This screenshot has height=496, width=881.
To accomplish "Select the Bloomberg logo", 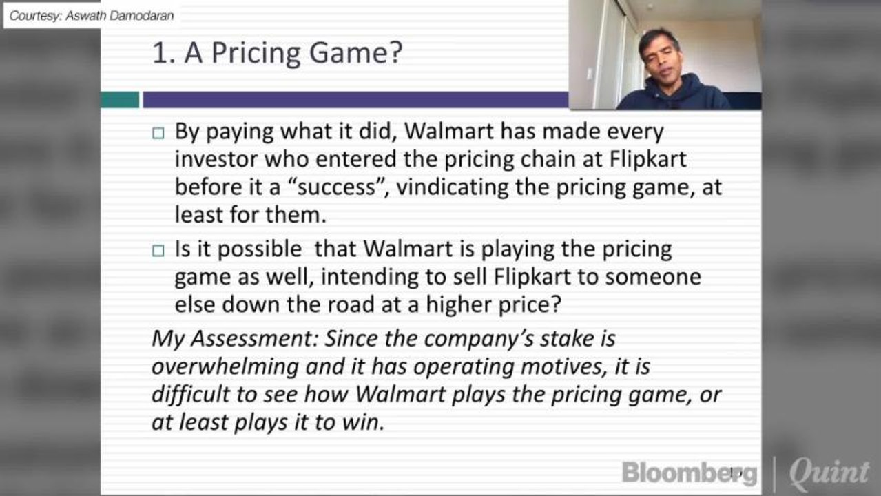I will coord(689,473).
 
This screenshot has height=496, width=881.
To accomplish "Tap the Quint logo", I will coord(829,473).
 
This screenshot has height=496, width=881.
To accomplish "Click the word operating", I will coord(455,366).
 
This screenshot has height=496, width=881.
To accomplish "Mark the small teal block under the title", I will coord(120,100).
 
